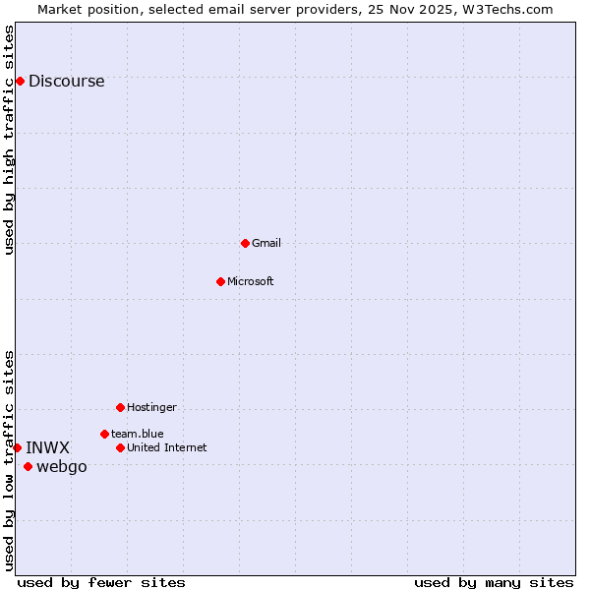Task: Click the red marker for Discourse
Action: tap(20, 81)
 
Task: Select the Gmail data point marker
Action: tap(245, 243)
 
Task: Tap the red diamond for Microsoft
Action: tap(220, 281)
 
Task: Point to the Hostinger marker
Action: tap(120, 407)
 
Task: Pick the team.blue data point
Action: tap(104, 434)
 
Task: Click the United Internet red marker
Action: tap(120, 447)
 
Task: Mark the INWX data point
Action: tap(17, 447)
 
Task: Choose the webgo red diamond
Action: tap(28, 466)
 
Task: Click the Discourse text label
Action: tap(66, 82)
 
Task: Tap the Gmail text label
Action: tap(266, 243)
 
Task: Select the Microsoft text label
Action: tap(251, 281)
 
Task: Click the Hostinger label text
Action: tap(151, 407)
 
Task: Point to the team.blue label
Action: tap(138, 434)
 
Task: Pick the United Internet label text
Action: tap(167, 447)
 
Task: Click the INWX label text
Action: tap(47, 448)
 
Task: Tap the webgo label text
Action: tap(62, 467)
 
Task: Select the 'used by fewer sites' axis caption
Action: tap(101, 582)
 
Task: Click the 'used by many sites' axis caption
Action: tap(494, 582)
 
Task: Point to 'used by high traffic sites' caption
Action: tap(9, 140)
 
